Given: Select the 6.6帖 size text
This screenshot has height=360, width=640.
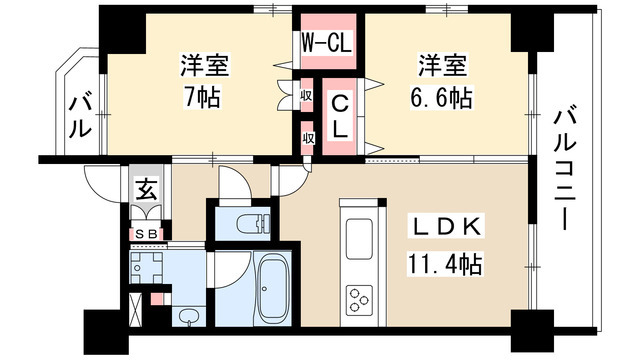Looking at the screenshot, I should click(x=443, y=98).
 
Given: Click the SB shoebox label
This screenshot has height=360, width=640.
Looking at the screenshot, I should click(x=146, y=234).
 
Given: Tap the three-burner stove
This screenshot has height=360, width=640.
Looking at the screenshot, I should click(x=357, y=298).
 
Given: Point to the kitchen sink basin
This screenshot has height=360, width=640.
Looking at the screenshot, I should click(x=357, y=240).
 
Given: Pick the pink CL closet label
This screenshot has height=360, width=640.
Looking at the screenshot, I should click(x=340, y=114).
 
